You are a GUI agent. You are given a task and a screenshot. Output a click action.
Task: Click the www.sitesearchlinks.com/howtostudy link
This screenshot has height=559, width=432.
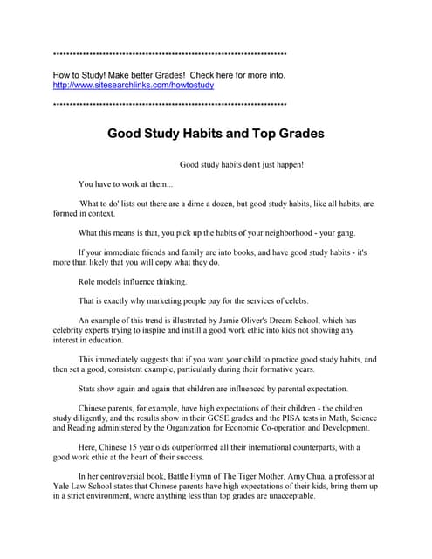(134, 86)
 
